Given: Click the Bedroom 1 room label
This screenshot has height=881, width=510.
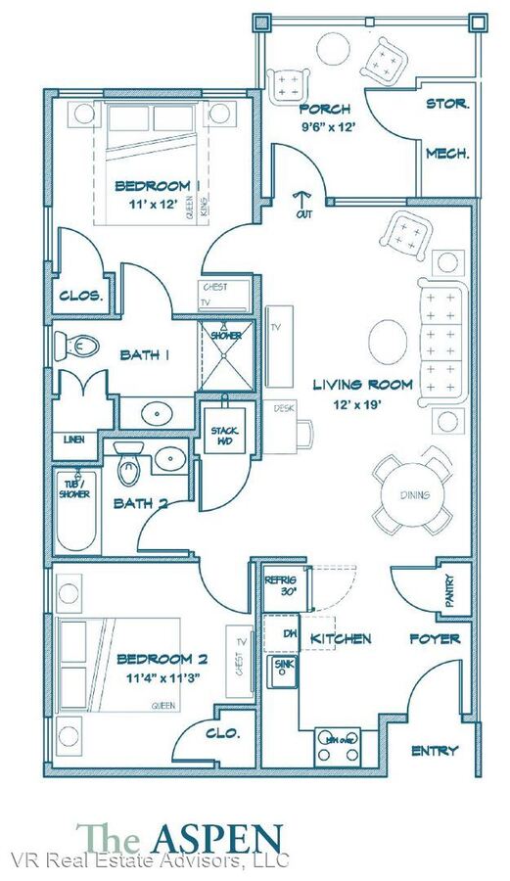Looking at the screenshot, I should pyautogui.click(x=157, y=186).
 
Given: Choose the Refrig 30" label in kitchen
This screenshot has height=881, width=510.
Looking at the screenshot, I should pyautogui.click(x=280, y=586).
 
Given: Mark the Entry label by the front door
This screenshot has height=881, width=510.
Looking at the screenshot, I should pyautogui.click(x=435, y=750).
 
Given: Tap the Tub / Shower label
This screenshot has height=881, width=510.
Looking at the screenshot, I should pyautogui.click(x=75, y=488).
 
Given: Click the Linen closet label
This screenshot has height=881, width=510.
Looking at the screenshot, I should pyautogui.click(x=73, y=440).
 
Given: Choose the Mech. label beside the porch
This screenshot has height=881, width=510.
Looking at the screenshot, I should pyautogui.click(x=446, y=153).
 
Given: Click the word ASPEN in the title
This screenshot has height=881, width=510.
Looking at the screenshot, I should pyautogui.click(x=216, y=838).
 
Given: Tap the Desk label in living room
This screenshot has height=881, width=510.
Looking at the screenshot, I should pyautogui.click(x=285, y=408).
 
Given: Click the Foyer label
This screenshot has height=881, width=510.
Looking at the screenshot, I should pyautogui.click(x=435, y=638).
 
